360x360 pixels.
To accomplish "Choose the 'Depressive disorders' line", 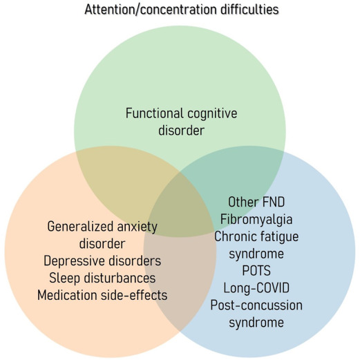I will click(102, 261).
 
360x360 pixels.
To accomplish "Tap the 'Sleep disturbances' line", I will click(102, 278).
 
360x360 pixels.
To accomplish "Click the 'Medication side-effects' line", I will click(102, 295).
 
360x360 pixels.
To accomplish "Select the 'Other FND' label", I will click(256, 202).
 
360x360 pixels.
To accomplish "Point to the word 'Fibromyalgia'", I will click(256, 220).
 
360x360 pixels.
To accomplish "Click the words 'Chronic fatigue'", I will click(256, 237).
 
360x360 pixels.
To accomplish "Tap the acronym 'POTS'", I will click(256, 271).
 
